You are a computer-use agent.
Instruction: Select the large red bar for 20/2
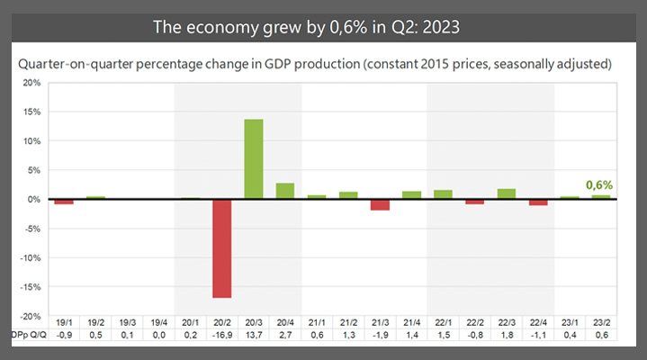[221, 247]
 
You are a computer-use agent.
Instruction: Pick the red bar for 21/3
[381, 204]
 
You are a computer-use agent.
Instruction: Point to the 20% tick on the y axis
[31, 83]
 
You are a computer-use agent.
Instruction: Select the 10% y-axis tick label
[31, 141]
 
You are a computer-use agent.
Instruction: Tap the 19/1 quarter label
[63, 321]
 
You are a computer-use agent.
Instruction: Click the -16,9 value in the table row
[221, 336]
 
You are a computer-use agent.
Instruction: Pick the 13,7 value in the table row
[254, 336]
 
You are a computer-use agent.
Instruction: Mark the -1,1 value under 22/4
[539, 336]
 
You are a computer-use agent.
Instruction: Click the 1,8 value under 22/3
[507, 336]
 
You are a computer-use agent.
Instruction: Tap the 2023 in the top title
[436, 26]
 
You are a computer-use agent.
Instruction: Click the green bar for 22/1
[444, 194]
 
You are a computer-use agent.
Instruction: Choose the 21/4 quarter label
[412, 321]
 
